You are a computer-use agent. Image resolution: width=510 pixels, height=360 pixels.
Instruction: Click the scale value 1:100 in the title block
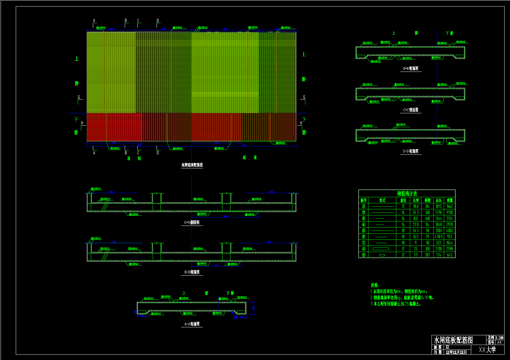[x=499, y=338]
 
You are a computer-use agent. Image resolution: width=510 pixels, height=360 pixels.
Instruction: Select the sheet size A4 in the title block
[x=499, y=342]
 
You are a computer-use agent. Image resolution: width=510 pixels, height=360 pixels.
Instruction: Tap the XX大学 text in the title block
[x=487, y=349]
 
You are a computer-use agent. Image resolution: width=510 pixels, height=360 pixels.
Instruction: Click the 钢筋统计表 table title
[x=407, y=193]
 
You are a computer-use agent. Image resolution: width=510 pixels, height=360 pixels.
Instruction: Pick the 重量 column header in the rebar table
[x=450, y=200]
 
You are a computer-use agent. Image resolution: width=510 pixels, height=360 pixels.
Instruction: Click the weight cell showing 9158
[x=450, y=212]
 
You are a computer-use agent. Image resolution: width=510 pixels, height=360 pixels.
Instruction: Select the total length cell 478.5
[x=438, y=237]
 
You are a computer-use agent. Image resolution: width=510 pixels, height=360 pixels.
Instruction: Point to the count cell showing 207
[x=427, y=255]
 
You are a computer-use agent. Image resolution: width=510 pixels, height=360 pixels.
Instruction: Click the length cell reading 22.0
[x=416, y=225]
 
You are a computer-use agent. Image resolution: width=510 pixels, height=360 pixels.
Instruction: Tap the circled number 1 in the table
[x=364, y=206]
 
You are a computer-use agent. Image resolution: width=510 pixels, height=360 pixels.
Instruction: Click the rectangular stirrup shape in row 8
[x=380, y=249]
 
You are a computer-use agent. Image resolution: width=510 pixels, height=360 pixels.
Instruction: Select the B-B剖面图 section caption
[x=411, y=69]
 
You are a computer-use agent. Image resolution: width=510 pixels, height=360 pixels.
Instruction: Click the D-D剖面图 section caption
[x=411, y=151]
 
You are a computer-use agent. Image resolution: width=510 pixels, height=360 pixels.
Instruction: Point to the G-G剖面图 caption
[x=192, y=223]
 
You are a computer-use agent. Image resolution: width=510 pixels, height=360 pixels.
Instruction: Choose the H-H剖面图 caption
[x=192, y=272]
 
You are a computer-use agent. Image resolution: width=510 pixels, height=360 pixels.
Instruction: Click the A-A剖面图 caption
[x=192, y=324]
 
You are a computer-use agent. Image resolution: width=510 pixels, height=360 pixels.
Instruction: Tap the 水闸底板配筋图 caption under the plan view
[x=192, y=165]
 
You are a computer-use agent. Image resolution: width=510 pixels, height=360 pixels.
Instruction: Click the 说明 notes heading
[x=374, y=285]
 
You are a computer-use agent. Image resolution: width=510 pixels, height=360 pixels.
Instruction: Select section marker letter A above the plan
[x=94, y=21]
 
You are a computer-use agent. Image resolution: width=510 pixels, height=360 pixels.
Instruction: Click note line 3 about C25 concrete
[x=395, y=304]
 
